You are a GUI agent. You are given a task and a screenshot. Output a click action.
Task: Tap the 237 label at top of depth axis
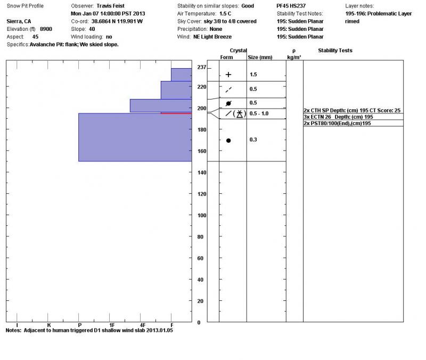click(x=201, y=68)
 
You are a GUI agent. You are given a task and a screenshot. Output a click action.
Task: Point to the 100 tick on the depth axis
click(x=201, y=216)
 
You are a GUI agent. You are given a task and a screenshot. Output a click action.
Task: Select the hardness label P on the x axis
click(x=79, y=324)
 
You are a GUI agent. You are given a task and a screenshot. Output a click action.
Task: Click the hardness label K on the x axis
click(x=48, y=324)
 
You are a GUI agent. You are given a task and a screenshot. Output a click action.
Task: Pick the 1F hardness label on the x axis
click(x=112, y=324)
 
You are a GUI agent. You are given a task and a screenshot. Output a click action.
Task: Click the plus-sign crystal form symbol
click(x=228, y=75)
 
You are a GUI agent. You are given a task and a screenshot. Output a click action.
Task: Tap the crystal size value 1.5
click(x=253, y=75)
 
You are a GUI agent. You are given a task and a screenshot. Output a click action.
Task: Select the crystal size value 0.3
click(x=253, y=140)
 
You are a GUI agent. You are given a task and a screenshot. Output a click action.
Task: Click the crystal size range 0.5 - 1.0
click(x=259, y=113)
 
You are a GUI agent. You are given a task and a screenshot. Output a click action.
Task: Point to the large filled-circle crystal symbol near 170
click(x=228, y=141)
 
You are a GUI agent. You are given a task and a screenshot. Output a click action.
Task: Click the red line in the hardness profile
click(x=176, y=113)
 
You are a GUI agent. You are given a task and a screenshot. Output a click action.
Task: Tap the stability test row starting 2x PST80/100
click(x=337, y=123)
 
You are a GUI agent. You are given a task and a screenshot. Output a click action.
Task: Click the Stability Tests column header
click(x=335, y=51)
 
